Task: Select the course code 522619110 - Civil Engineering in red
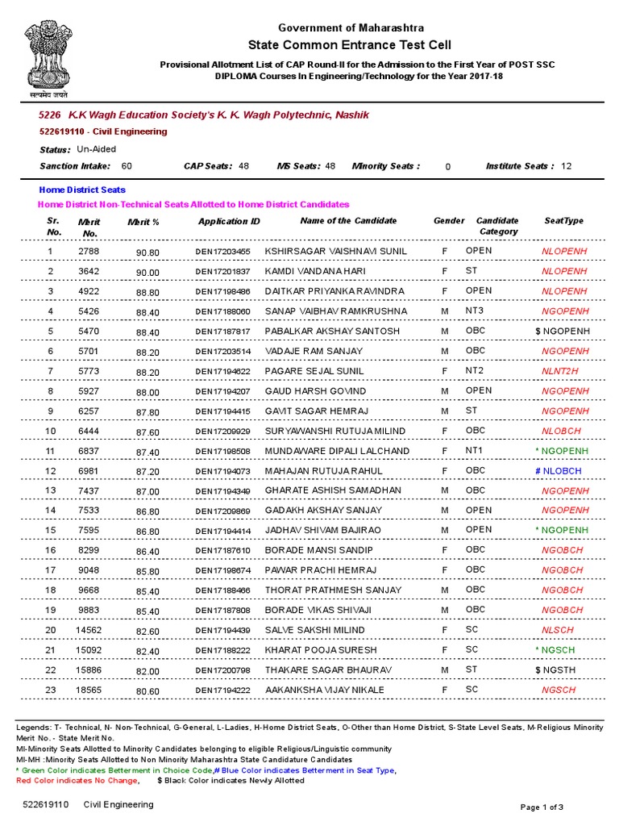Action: [x=103, y=131]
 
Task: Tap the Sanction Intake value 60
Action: [x=127, y=166]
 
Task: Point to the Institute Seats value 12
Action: [x=566, y=166]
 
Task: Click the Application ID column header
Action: [x=229, y=221]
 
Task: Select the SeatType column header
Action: [x=563, y=221]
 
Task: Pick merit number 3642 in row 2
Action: [x=88, y=272]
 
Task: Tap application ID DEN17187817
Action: [x=222, y=332]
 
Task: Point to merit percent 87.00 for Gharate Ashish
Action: [x=148, y=491]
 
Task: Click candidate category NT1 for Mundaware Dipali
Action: [x=474, y=451]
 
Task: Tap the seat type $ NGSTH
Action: [x=557, y=670]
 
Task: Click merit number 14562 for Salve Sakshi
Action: [x=88, y=631]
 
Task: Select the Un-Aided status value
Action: [x=96, y=149]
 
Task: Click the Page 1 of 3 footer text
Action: [x=542, y=807]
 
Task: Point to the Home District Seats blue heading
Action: [x=82, y=190]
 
